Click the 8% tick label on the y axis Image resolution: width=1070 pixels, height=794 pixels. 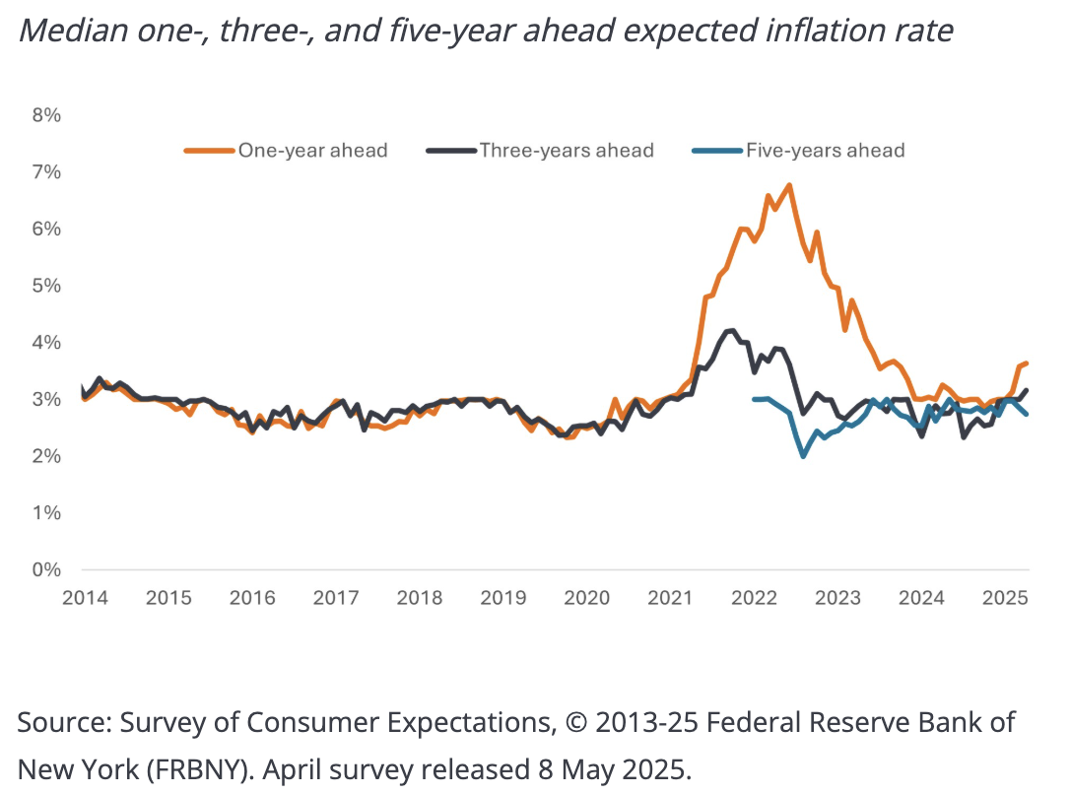pos(45,115)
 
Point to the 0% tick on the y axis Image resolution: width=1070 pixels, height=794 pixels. pos(45,570)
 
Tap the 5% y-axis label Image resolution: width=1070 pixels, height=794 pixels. pos(45,286)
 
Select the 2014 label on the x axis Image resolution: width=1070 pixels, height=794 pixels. pos(83,598)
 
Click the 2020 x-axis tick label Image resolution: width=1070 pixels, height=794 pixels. pos(587,598)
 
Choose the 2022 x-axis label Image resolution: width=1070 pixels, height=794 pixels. pos(756,598)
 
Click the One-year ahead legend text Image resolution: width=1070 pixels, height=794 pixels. pos(312,151)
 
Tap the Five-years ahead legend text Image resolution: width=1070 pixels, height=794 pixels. pos(826,151)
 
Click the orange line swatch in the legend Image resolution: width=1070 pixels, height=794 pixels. pos(209,151)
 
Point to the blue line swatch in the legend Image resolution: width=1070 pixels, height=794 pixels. pos(715,151)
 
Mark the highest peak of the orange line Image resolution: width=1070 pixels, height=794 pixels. pos(789,185)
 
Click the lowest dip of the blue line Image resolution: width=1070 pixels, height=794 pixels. pos(803,456)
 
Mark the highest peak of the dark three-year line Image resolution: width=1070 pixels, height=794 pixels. pos(730,331)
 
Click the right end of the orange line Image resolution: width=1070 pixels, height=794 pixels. pos(1027,364)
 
